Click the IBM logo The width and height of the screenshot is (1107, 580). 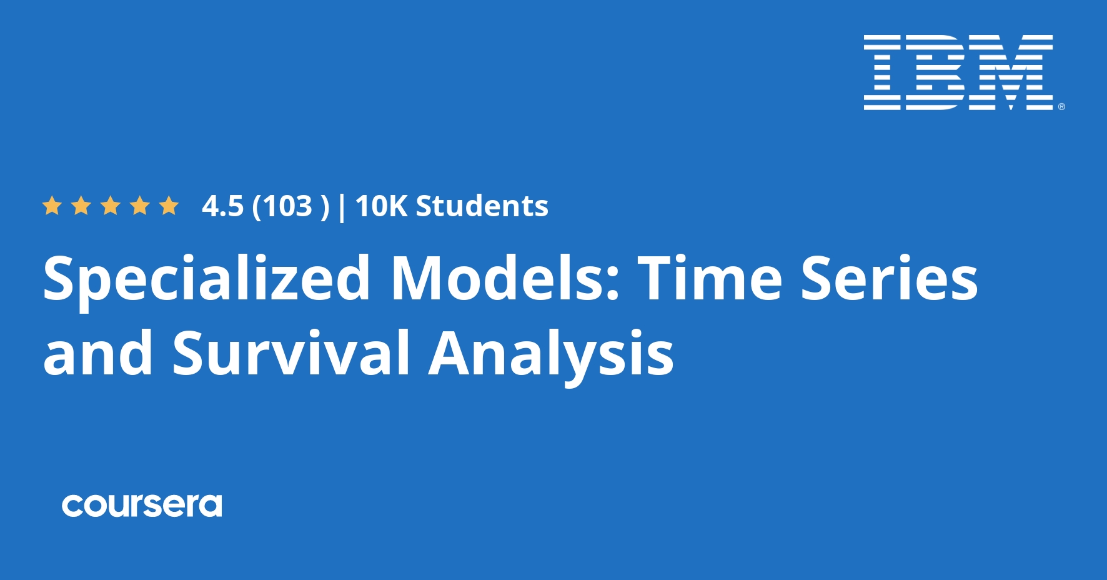[x=958, y=72]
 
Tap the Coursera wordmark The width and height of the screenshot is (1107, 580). [x=142, y=506]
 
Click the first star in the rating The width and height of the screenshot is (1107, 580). [x=52, y=206]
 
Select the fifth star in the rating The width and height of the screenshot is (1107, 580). [x=169, y=206]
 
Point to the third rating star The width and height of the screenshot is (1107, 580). [x=111, y=206]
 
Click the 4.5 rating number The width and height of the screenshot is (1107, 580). [x=222, y=206]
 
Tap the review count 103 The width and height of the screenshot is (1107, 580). [x=287, y=206]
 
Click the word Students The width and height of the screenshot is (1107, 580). [x=482, y=206]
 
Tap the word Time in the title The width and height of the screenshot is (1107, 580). [x=710, y=278]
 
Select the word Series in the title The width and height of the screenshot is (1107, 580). [x=889, y=278]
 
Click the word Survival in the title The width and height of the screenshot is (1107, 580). [x=291, y=353]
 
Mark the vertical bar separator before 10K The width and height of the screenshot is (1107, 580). [x=341, y=207]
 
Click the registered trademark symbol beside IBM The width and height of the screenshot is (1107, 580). [x=1061, y=107]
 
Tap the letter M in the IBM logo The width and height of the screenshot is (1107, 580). [x=1010, y=72]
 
